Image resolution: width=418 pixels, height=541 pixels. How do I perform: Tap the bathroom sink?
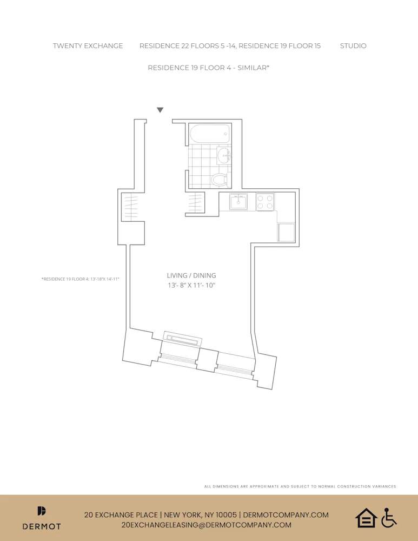(x=223, y=156)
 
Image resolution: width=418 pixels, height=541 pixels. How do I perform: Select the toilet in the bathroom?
(x=219, y=179)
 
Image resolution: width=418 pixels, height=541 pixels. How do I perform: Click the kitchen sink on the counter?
(x=238, y=202)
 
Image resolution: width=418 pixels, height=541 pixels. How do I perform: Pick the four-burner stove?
(x=265, y=202)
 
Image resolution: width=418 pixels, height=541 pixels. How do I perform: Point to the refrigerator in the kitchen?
(x=286, y=233)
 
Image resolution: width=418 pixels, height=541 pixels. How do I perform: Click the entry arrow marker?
(x=160, y=110)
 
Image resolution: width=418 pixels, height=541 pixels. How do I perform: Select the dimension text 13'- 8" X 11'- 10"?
(x=191, y=285)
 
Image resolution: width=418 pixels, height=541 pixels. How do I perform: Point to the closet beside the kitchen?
(x=196, y=203)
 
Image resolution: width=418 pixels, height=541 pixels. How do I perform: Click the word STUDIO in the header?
(x=353, y=46)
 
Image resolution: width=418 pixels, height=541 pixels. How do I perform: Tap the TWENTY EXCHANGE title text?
(x=88, y=46)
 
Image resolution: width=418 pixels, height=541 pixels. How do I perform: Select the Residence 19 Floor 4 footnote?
(x=80, y=279)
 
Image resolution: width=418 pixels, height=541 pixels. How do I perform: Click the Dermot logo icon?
(x=42, y=511)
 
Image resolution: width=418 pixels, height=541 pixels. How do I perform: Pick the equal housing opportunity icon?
(x=366, y=518)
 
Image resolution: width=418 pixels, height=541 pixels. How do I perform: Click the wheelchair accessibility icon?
(x=389, y=518)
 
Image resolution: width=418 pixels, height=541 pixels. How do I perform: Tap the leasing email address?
(x=207, y=525)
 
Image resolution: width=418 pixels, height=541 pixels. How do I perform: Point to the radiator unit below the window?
(x=183, y=340)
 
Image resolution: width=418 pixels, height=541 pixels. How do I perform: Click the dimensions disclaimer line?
(x=300, y=486)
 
